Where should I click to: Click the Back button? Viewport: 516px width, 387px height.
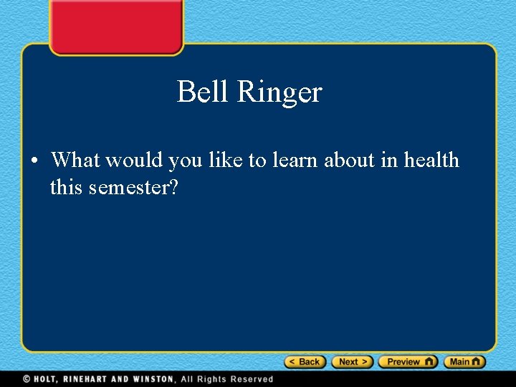(305, 362)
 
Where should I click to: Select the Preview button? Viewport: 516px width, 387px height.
(407, 362)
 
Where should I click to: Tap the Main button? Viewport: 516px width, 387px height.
(464, 362)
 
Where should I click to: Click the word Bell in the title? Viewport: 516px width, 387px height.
(203, 92)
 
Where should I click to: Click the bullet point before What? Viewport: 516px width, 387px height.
(34, 161)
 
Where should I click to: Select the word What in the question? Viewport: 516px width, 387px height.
(75, 159)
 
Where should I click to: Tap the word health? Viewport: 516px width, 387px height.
(431, 159)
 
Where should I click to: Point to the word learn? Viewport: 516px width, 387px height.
(294, 159)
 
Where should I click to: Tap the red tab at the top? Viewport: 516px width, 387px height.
(116, 25)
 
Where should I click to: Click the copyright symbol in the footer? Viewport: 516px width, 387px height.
(26, 379)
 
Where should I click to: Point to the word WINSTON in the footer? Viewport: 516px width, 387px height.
(153, 379)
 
